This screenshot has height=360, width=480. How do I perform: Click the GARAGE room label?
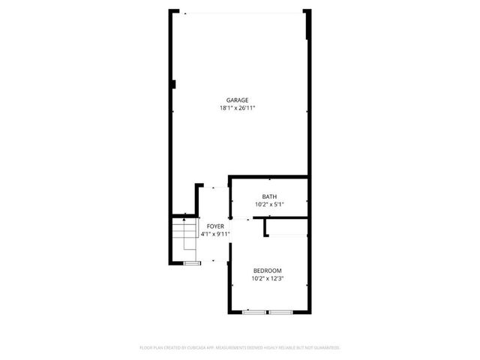tap(238, 100)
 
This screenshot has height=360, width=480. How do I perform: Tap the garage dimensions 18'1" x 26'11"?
tap(238, 108)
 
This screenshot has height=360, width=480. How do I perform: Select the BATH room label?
tap(268, 196)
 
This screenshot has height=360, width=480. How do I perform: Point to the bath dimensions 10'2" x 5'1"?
tap(268, 204)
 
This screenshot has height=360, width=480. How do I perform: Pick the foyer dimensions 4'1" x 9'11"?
tap(215, 233)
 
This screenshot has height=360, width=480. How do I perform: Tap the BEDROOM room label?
tap(268, 271)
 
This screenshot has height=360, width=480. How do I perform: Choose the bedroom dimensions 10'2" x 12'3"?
tap(268, 279)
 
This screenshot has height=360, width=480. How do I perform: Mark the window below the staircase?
tap(192, 263)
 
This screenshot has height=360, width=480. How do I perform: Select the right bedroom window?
tap(281, 310)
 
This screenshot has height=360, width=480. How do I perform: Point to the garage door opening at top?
tap(241, 12)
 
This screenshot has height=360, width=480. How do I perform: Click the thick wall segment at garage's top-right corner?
tap(307, 22)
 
